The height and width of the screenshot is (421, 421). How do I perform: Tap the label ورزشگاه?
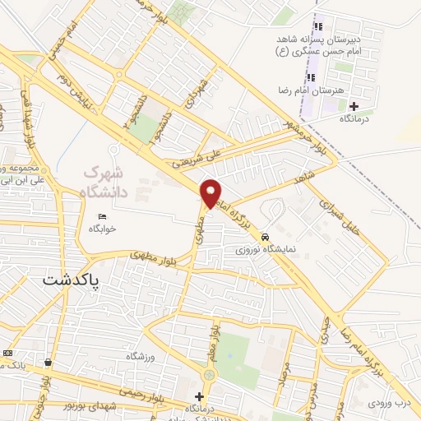click(141, 356)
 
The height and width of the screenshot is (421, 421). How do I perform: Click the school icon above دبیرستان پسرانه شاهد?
click(317, 27)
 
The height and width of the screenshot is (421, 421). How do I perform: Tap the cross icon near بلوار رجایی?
click(198, 396)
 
